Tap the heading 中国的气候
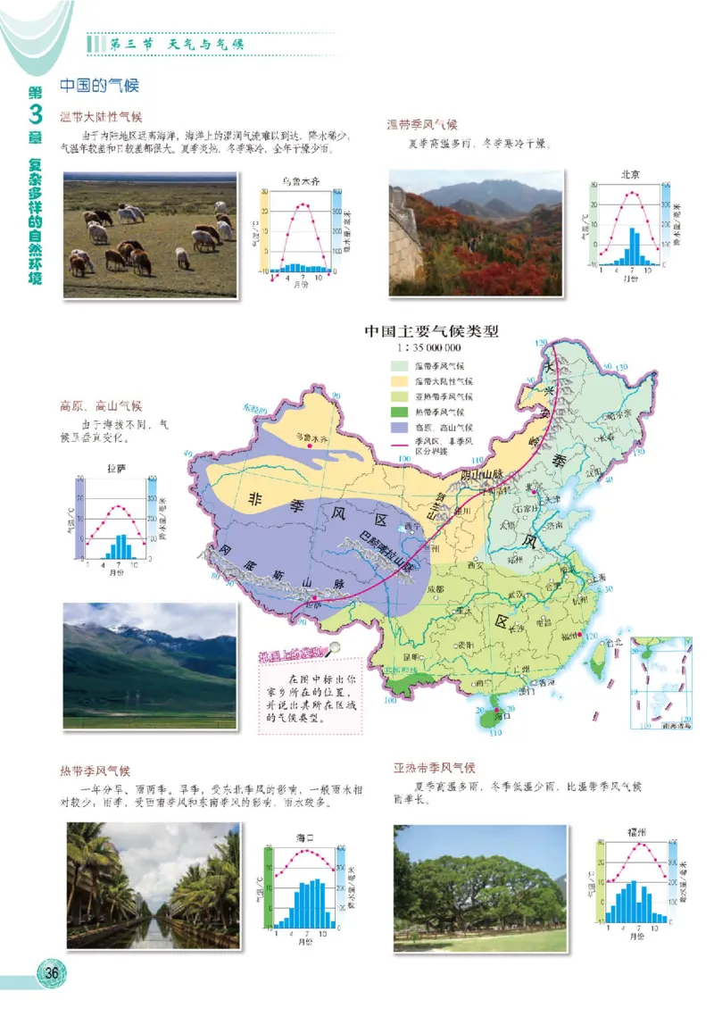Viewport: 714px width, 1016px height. tap(99, 86)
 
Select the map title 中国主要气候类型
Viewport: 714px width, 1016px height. tap(430, 331)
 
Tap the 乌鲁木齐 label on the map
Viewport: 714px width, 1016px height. tap(312, 439)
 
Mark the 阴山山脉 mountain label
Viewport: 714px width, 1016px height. tap(483, 474)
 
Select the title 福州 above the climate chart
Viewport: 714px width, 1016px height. tap(637, 831)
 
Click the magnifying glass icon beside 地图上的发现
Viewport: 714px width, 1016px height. tap(334, 649)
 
